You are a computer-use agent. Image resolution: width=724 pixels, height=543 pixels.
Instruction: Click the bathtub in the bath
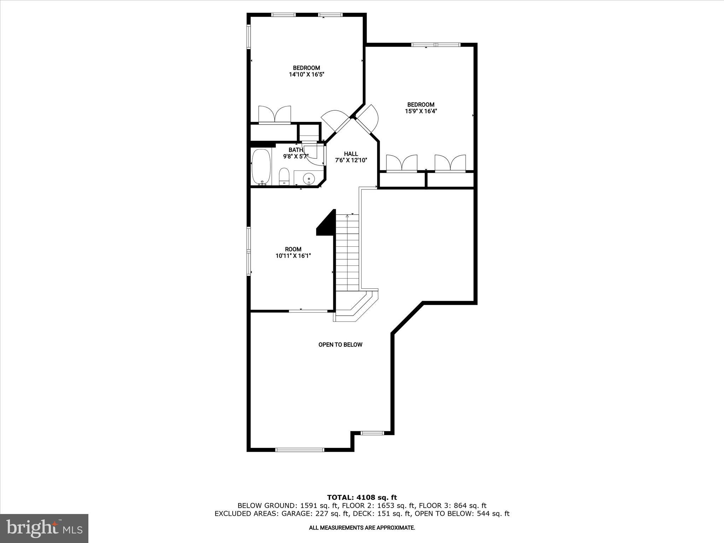[261, 167]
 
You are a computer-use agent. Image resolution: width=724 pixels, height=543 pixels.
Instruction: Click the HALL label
[351, 154]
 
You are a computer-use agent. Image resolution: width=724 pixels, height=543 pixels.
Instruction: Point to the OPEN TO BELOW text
[340, 345]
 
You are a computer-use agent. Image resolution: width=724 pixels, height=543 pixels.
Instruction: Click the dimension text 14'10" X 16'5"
[306, 75]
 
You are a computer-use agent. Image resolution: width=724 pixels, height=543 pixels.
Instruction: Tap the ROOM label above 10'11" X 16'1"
[293, 249]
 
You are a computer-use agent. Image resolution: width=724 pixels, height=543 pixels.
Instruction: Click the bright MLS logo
[44, 528]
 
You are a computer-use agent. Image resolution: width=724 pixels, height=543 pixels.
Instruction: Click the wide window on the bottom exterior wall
[299, 450]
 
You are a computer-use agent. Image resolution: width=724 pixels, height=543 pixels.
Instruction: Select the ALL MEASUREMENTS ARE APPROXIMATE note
[362, 528]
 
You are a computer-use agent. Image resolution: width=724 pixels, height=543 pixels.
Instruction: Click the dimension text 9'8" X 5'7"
[296, 156]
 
